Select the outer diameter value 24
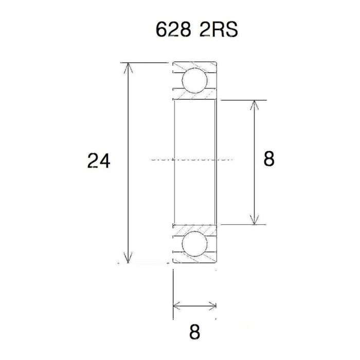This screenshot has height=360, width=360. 99,161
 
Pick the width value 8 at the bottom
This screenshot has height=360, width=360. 194,332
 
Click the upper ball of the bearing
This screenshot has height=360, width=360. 195,80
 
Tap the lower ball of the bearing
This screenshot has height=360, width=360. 195,244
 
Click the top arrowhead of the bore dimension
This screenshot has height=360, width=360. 254,104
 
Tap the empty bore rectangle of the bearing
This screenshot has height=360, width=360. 194,134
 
